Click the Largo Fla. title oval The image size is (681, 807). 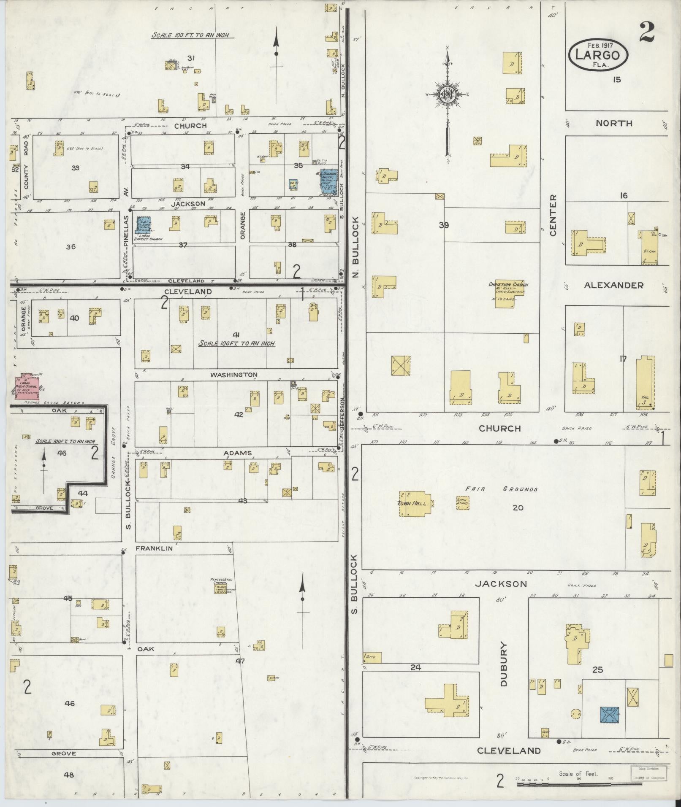[x=598, y=55]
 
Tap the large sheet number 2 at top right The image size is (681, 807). [x=647, y=32]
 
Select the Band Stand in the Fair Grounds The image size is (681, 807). [x=462, y=502]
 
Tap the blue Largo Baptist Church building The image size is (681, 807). [x=142, y=225]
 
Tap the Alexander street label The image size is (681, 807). [x=613, y=285]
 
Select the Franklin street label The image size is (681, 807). [x=154, y=548]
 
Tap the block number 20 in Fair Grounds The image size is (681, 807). [x=518, y=507]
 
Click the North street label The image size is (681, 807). [x=614, y=123]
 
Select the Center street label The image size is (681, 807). [x=553, y=215]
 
